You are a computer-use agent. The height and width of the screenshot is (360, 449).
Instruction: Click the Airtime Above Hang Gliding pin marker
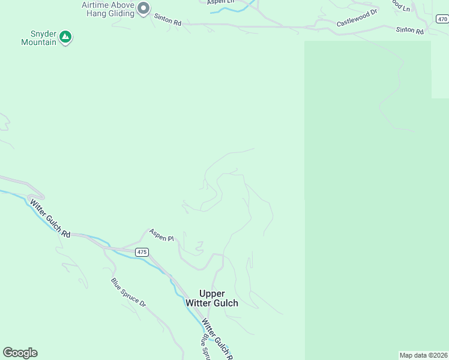pos(143,8)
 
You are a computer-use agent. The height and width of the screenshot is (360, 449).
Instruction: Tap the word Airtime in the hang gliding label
pos(96,5)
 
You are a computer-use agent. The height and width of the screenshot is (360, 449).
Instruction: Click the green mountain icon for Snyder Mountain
pos(65,38)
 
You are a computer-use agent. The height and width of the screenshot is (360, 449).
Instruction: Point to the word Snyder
pos(44,34)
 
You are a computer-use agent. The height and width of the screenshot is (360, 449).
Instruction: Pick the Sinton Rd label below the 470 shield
pos(410,31)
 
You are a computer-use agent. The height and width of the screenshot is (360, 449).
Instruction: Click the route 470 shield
pos(442,19)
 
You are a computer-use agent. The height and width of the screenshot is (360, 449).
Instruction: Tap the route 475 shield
pos(141,252)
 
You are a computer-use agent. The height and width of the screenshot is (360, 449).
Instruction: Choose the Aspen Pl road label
pos(161,235)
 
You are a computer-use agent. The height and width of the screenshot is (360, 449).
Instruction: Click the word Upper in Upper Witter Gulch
pos(212,293)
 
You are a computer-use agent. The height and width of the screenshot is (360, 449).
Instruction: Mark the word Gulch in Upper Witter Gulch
pos(225,303)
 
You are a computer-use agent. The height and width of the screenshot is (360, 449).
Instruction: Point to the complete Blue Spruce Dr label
pos(128,292)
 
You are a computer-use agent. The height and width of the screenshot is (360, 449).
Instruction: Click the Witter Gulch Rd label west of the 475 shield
pos(50,218)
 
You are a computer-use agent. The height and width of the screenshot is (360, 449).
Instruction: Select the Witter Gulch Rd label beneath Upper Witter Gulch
pos(216,337)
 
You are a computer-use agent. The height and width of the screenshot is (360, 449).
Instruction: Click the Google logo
pos(20,353)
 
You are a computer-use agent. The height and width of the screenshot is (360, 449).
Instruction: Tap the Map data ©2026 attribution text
pos(424,355)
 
